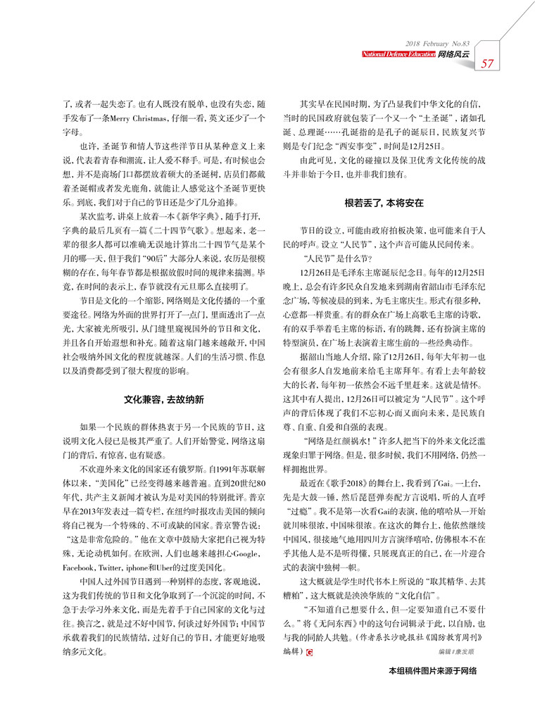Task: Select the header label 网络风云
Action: click(x=453, y=54)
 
